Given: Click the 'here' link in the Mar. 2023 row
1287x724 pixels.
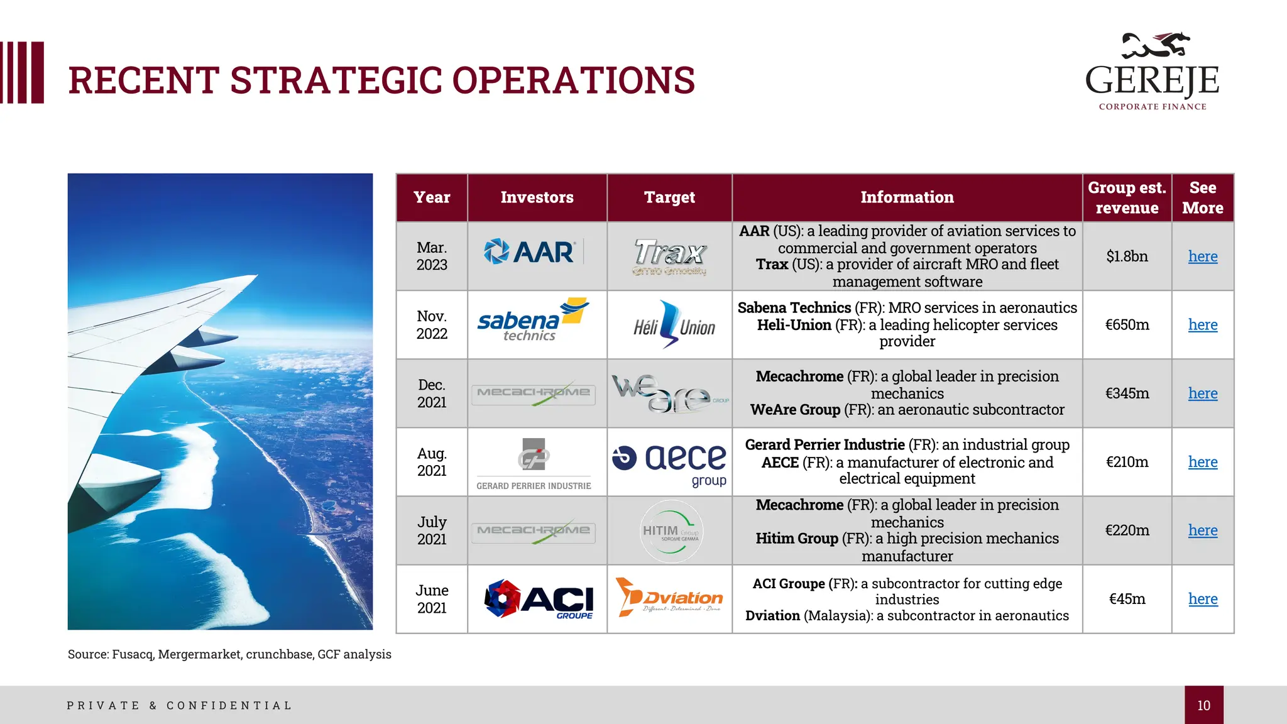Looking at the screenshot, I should pos(1202,256).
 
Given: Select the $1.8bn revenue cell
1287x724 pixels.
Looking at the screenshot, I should pos(1127,256).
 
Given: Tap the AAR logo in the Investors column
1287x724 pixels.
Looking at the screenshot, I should pos(529,252).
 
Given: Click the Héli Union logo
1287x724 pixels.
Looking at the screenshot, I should pos(674,325).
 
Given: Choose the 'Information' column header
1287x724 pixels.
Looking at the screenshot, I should pos(907,197).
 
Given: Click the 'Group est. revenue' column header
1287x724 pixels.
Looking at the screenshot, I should pos(1127,197).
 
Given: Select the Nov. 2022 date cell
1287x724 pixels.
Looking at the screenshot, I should pos(432,325).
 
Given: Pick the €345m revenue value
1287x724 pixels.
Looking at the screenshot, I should pos(1127,393).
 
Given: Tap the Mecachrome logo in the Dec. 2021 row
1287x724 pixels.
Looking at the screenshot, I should pos(534,393).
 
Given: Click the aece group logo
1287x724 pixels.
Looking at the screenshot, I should pos(671,462).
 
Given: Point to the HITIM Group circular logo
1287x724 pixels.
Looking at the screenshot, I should pos(671,532).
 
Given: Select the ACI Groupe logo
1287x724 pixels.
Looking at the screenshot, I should pos(539,599).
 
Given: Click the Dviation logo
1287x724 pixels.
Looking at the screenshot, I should pos(670,597).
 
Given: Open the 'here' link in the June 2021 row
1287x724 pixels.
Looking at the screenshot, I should pos(1202,599).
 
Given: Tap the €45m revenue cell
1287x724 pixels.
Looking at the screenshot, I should pos(1127,599).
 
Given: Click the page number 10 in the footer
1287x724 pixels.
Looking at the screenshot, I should pos(1203,705).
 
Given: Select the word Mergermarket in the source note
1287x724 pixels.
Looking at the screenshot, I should pos(199,654).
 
